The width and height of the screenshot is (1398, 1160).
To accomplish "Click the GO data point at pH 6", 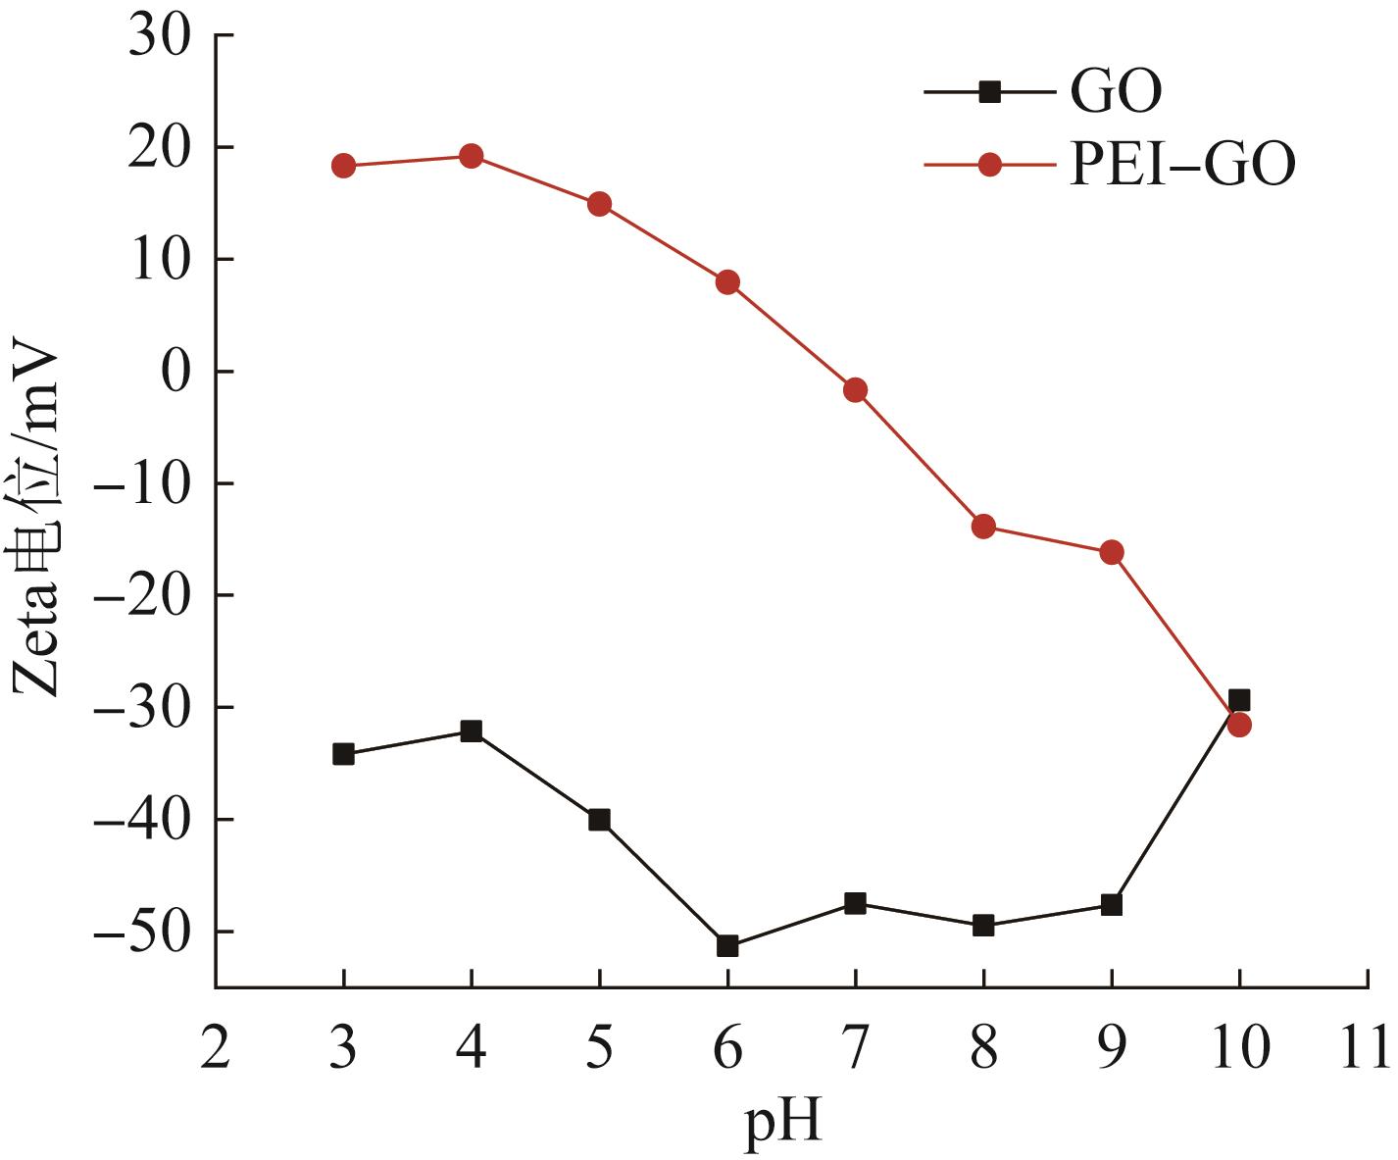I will (727, 946).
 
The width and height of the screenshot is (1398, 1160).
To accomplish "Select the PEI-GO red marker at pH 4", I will (472, 156).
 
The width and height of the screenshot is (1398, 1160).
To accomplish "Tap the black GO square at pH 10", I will (1239, 700).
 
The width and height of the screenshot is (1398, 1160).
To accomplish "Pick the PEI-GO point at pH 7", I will (855, 390).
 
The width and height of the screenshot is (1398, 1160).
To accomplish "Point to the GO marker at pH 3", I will (343, 754).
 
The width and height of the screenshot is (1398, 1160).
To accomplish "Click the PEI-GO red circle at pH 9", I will (1112, 552).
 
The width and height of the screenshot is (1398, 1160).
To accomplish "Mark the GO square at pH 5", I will (599, 820).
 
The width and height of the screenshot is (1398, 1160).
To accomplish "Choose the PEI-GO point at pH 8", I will (983, 527).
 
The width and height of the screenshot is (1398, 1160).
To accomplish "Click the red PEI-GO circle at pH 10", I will (1239, 726).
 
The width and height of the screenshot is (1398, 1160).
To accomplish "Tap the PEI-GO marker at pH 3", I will (343, 166).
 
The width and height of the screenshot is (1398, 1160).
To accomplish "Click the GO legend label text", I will (1116, 92).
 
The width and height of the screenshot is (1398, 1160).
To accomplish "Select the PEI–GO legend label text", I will (1182, 165).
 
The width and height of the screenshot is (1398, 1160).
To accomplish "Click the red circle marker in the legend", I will (990, 165).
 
